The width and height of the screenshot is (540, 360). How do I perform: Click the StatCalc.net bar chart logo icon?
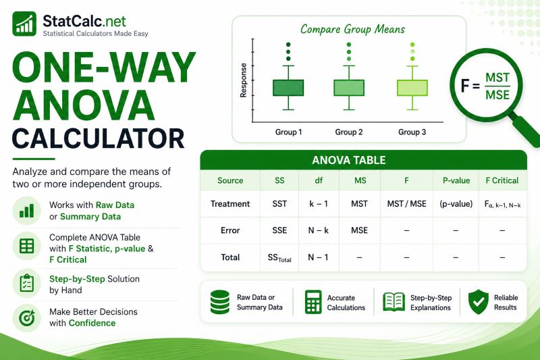pyautogui.click(x=24, y=24)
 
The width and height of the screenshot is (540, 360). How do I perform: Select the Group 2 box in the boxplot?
pyautogui.click(x=349, y=88)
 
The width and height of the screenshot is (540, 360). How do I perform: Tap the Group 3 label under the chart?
pyautogui.click(x=412, y=132)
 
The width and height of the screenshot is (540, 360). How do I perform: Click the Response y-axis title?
pyautogui.click(x=244, y=80)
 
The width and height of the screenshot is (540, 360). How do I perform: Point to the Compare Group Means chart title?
pyautogui.click(x=352, y=29)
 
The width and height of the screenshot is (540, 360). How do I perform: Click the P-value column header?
pyautogui.click(x=456, y=180)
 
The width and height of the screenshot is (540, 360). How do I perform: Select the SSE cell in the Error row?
pyautogui.click(x=279, y=230)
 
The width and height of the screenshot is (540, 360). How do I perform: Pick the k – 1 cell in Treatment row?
pyautogui.click(x=319, y=204)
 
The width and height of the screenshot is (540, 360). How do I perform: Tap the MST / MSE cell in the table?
pyautogui.click(x=406, y=204)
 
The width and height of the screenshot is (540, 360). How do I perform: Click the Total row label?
pyautogui.click(x=230, y=257)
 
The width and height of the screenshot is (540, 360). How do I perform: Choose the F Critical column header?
pyautogui.click(x=502, y=180)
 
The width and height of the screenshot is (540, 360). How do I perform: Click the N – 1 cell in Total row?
pyautogui.click(x=318, y=257)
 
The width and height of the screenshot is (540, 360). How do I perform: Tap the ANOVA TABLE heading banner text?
pyautogui.click(x=348, y=160)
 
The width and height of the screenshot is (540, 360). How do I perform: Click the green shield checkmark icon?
pyautogui.click(x=478, y=302)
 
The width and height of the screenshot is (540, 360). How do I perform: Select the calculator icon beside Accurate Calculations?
pyautogui.click(x=313, y=302)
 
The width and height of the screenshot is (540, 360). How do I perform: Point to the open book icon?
pyautogui.click(x=394, y=302)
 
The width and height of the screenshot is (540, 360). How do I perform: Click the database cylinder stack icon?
pyautogui.click(x=220, y=302)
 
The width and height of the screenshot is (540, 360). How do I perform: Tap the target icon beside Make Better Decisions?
pyautogui.click(x=26, y=317)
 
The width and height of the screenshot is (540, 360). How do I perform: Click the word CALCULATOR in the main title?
pyautogui.click(x=99, y=139)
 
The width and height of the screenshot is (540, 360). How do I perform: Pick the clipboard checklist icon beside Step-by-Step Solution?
pyautogui.click(x=26, y=284)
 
